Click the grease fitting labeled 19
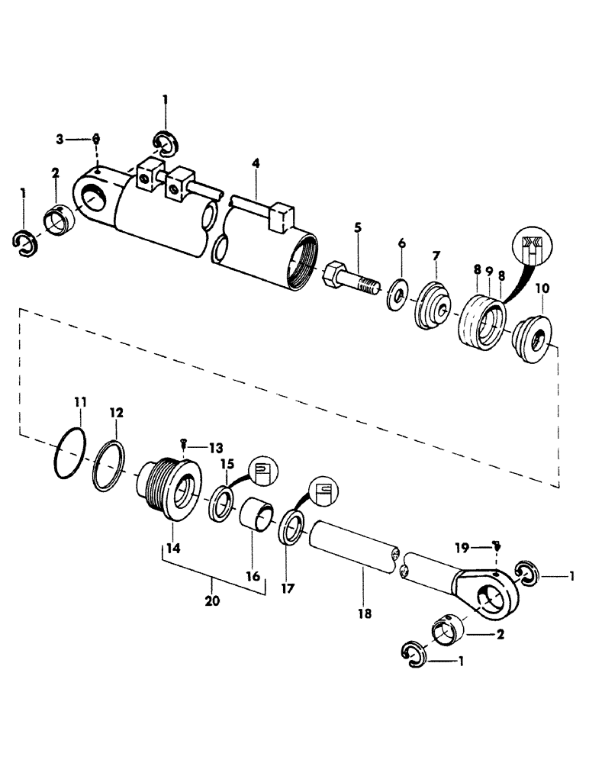click(x=497, y=547)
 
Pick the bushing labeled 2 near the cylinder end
click(x=60, y=218)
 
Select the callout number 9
click(x=489, y=271)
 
